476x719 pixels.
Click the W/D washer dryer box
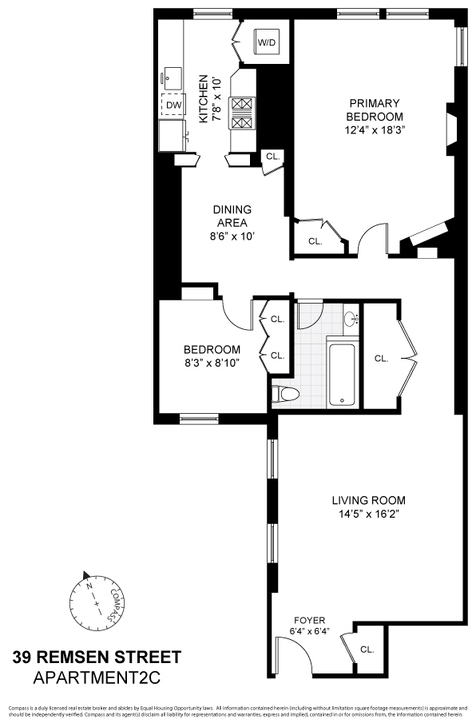coord(267,42)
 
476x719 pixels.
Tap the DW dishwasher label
coord(173,105)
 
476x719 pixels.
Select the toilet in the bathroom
coord(285,393)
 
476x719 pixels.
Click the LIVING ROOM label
coord(365,501)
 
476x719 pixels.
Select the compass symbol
coord(94,596)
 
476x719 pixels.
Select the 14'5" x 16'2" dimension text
coord(365,514)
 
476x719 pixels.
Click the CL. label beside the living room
coord(382,358)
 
